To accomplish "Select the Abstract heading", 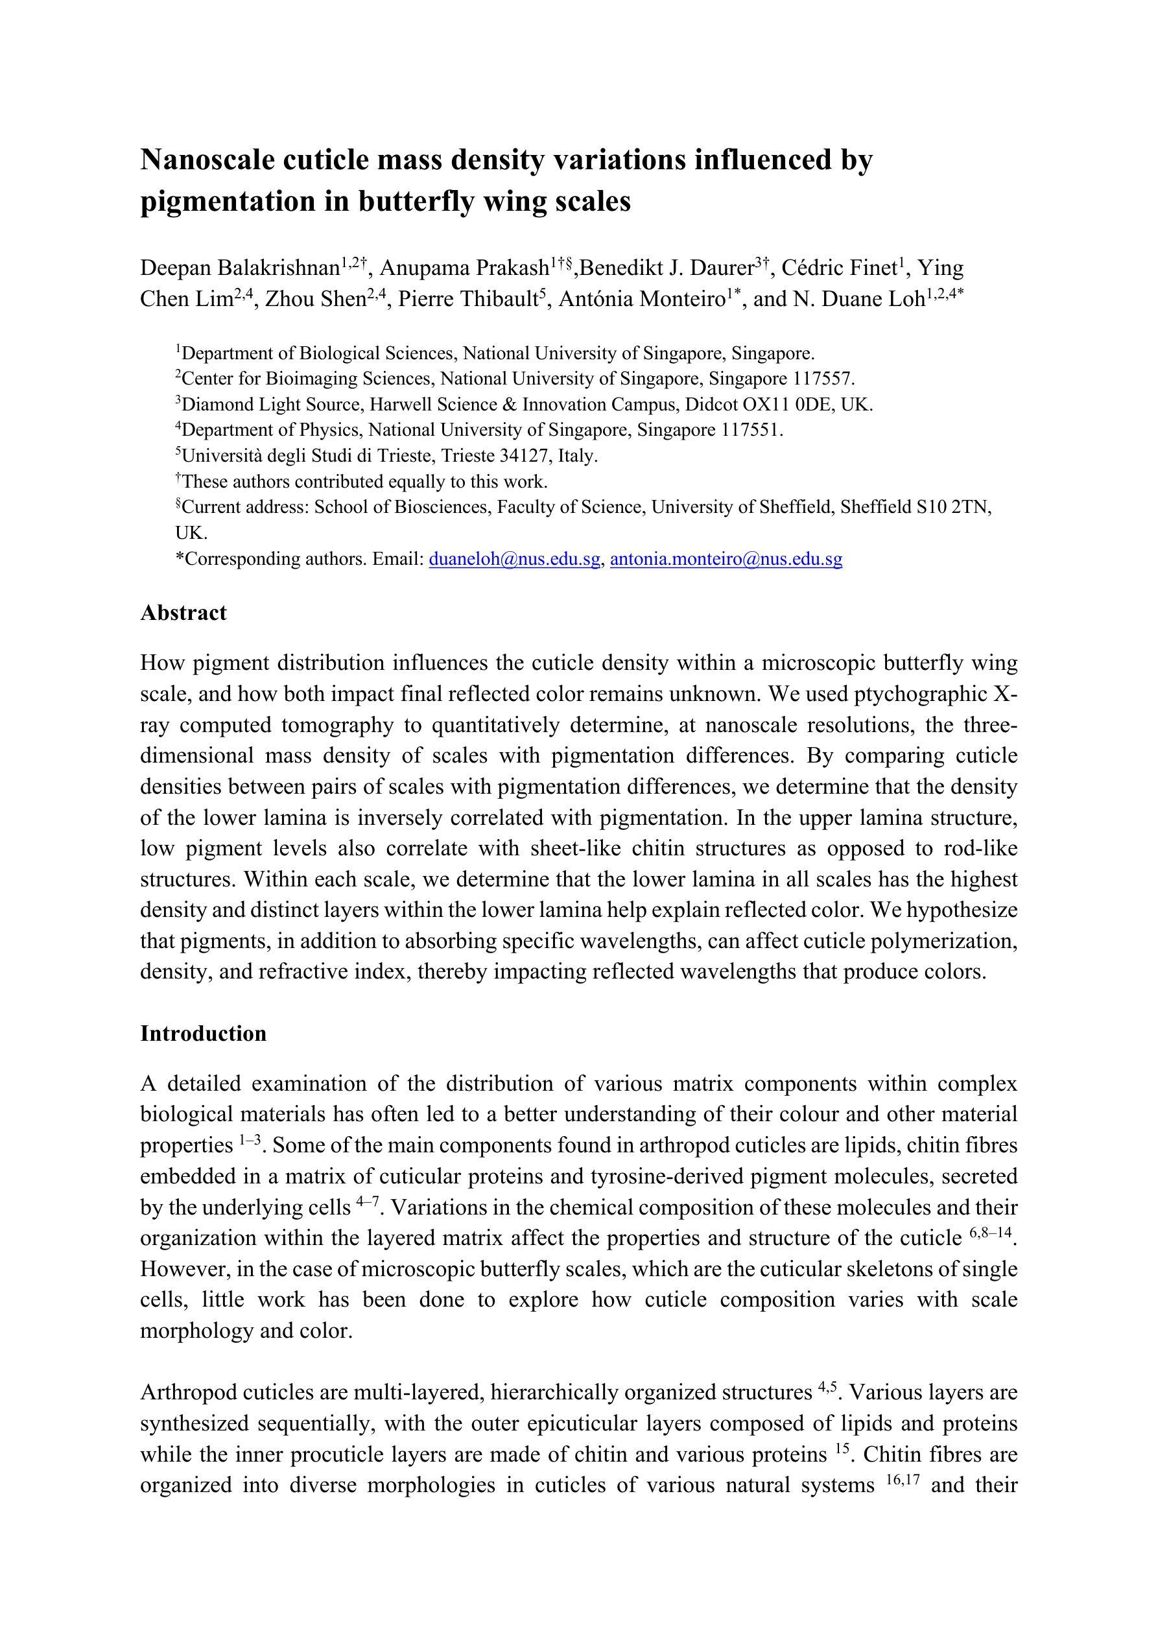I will click(183, 613).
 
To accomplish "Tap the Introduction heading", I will click(204, 1034).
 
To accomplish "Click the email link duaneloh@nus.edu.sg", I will click(514, 560).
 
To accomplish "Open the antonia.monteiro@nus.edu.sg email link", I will click(726, 560).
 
